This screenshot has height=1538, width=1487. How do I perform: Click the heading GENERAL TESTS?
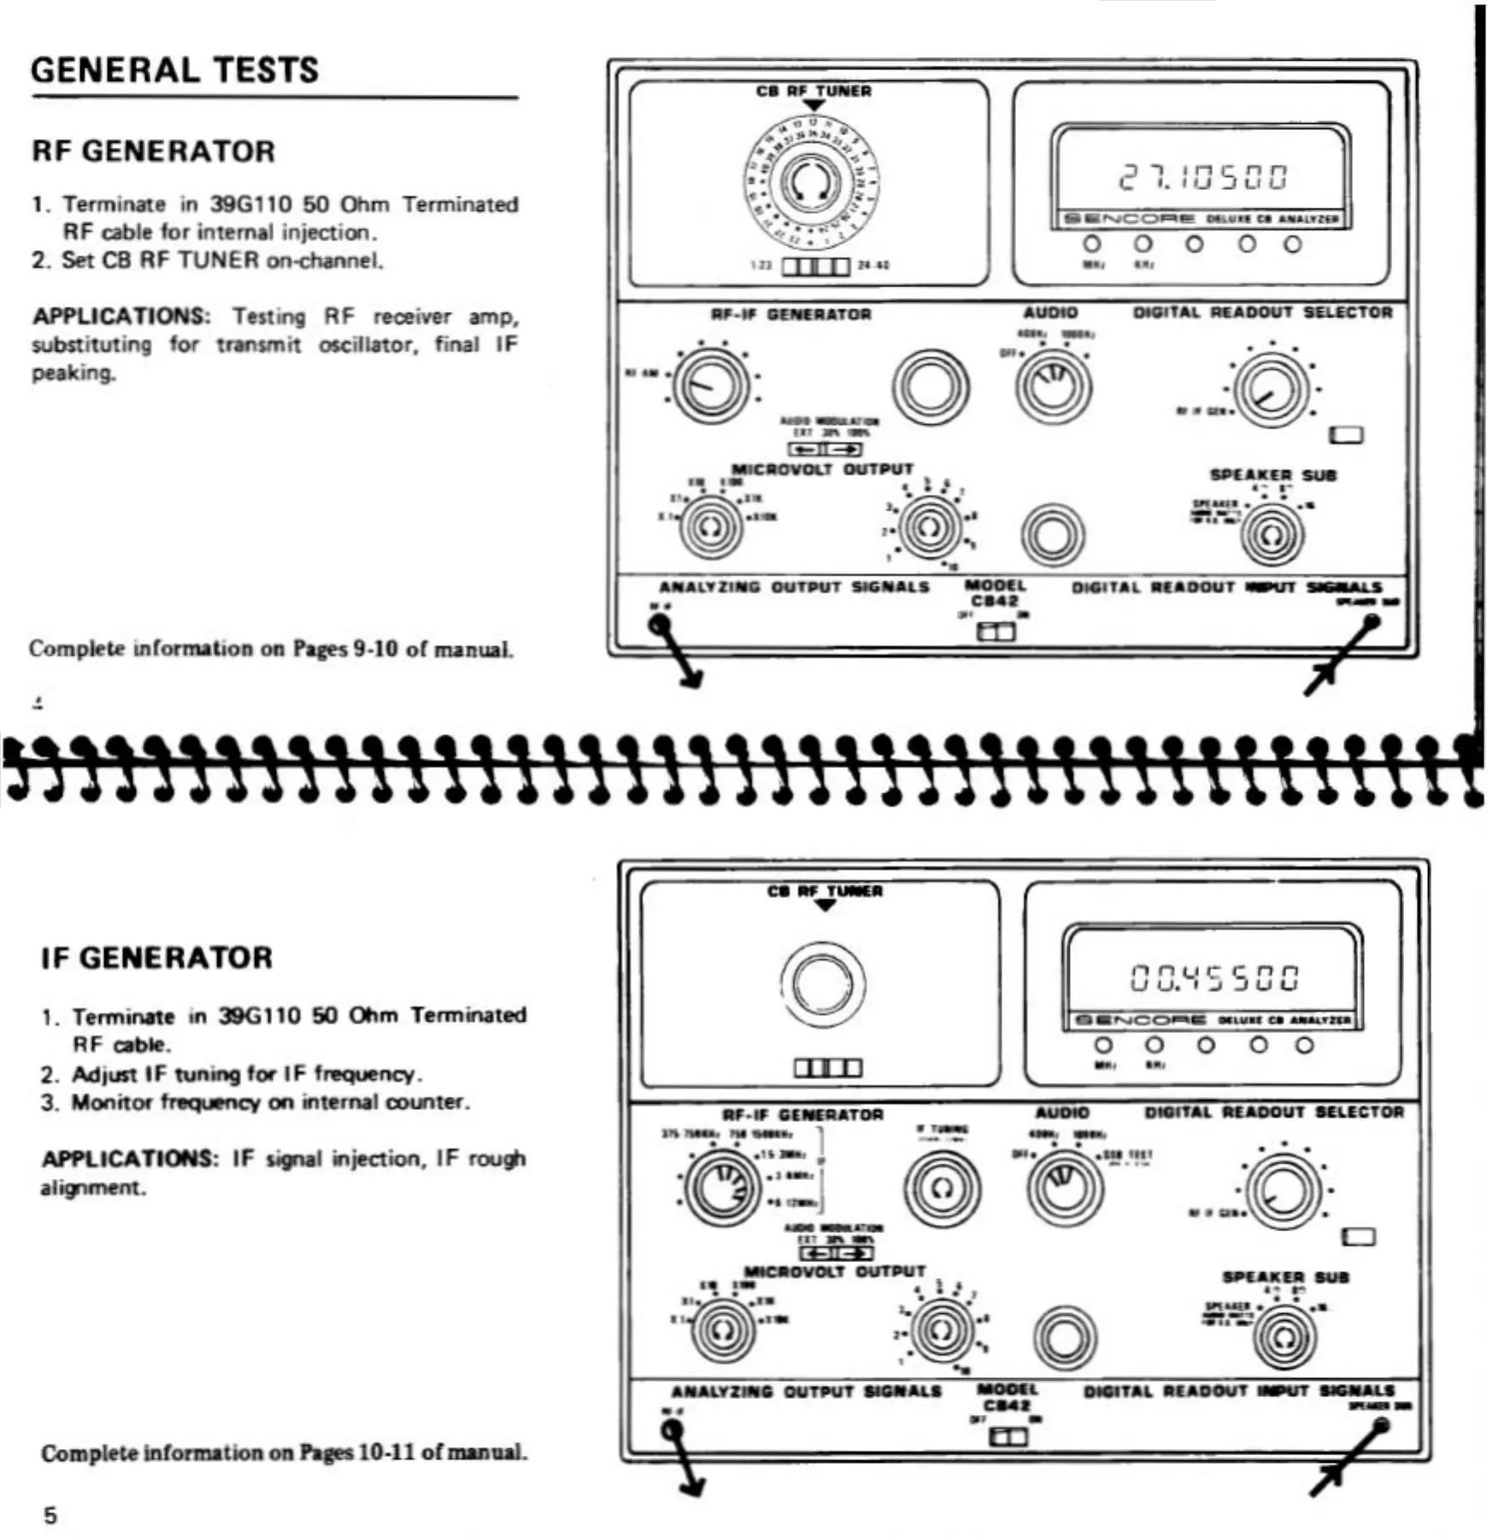click(x=174, y=70)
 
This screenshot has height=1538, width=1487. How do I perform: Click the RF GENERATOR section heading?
click(x=154, y=151)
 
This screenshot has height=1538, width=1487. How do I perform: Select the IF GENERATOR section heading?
click(x=157, y=958)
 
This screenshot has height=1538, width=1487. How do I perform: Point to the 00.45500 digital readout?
click(x=1214, y=977)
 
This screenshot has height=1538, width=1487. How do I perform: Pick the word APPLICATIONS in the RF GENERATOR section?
click(x=120, y=317)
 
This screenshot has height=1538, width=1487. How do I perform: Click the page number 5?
click(x=50, y=1516)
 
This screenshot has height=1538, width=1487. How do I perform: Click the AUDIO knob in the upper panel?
click(x=1053, y=385)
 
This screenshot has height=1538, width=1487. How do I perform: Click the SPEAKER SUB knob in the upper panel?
click(x=1272, y=535)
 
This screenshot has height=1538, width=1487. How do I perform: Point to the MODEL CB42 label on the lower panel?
click(x=1007, y=1398)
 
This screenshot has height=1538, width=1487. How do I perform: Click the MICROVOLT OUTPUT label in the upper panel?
click(x=822, y=469)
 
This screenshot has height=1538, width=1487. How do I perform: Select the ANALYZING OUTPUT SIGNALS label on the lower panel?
click(x=806, y=1392)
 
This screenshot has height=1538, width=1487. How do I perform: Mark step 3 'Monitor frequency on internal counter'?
click(x=270, y=1102)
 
